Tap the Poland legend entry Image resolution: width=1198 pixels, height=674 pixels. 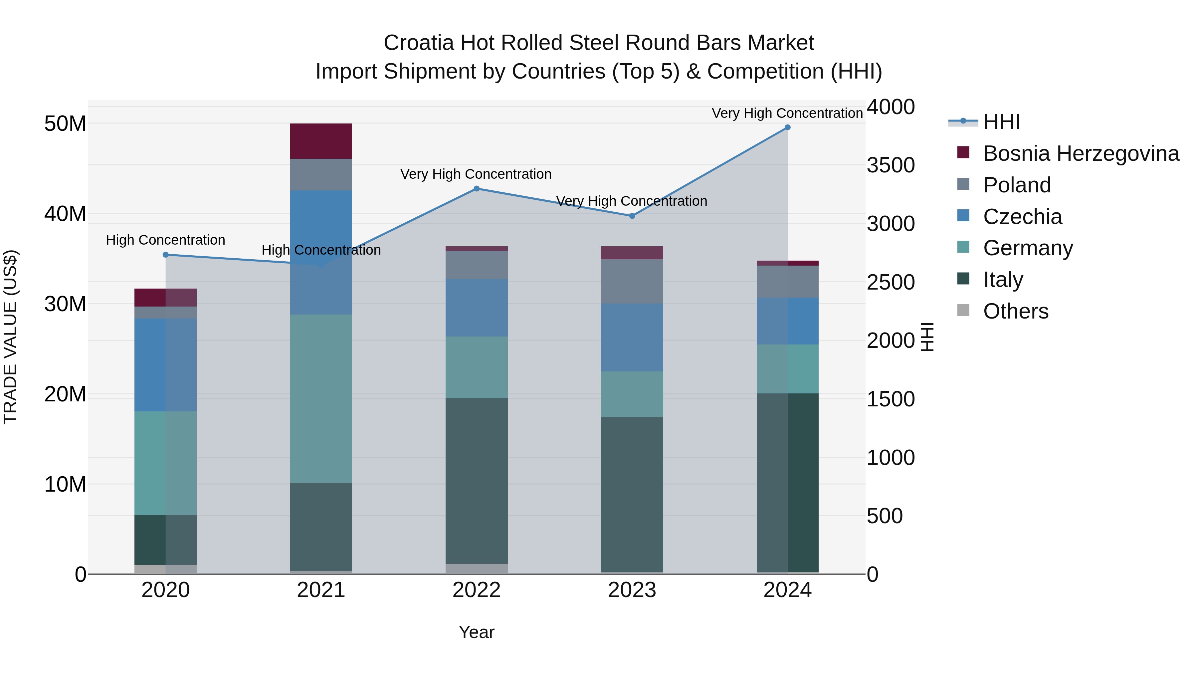click(x=1017, y=185)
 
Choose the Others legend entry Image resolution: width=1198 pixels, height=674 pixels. click(x=1015, y=311)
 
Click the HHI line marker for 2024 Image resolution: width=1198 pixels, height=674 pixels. click(x=787, y=127)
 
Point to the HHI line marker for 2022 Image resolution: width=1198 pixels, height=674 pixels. click(x=476, y=189)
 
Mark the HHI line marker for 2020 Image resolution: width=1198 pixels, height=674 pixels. click(x=166, y=255)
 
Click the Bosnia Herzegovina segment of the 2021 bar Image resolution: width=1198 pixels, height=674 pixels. click(x=321, y=141)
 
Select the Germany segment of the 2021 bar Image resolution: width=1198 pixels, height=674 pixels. click(x=321, y=399)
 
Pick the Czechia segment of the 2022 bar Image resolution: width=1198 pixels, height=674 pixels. click(x=476, y=308)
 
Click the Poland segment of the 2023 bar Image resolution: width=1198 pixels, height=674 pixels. click(x=632, y=281)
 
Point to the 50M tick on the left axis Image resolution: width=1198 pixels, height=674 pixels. click(x=65, y=124)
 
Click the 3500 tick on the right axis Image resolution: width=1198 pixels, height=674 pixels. click(x=891, y=165)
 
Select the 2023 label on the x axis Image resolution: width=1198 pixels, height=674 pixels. click(x=632, y=590)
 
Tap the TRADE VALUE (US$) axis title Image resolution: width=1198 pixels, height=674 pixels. click(x=10, y=337)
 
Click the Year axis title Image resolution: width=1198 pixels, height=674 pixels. click(x=476, y=632)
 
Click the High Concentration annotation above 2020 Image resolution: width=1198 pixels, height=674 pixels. click(x=166, y=240)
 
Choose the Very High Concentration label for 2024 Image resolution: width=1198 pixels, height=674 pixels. click(x=787, y=113)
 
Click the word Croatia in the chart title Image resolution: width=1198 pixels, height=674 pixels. click(x=419, y=43)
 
